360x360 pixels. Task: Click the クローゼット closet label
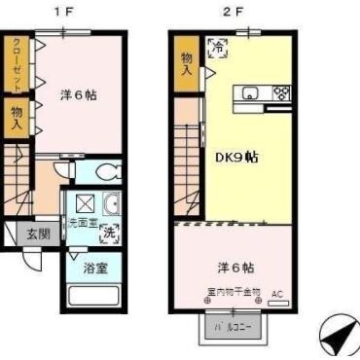pos(17,62)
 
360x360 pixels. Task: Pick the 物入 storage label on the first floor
pos(17,120)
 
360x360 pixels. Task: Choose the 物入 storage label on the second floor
pos(187,64)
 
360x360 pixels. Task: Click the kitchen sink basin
pos(251,94)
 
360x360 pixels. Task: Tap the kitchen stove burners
pos(281,94)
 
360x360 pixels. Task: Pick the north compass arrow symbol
pos(336,338)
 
